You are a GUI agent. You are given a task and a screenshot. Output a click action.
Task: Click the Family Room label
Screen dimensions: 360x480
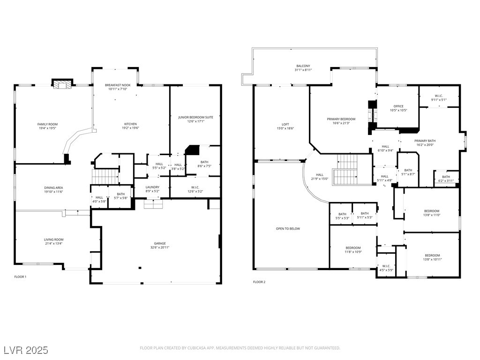click(47, 124)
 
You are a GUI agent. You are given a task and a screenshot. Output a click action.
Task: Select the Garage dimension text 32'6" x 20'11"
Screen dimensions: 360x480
click(160, 247)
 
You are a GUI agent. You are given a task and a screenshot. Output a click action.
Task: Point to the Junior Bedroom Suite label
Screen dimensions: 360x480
click(195, 117)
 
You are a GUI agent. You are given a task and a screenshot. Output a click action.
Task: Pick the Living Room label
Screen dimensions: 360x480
click(53, 240)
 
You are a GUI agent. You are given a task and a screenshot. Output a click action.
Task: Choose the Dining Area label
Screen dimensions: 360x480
click(53, 187)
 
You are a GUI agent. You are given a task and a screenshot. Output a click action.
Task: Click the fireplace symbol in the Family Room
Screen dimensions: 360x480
click(61, 85)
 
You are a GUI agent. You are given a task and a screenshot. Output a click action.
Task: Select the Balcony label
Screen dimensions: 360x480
click(303, 66)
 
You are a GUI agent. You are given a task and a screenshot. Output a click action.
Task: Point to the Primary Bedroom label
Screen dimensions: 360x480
click(341, 119)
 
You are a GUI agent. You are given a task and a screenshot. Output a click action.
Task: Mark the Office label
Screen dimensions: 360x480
click(398, 106)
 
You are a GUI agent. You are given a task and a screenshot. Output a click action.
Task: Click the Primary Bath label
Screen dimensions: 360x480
click(425, 141)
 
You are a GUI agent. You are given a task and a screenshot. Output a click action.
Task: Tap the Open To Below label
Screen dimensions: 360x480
click(288, 229)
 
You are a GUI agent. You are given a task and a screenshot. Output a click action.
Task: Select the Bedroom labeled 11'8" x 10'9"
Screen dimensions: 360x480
click(353, 247)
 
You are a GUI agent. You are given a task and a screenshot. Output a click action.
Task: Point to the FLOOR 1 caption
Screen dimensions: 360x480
click(20, 277)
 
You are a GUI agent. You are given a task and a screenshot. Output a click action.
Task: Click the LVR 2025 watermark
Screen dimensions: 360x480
click(26, 350)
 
